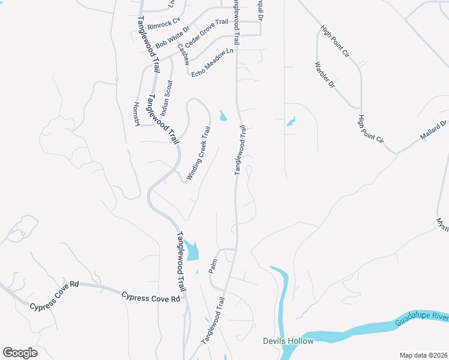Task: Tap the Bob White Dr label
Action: tap(172, 37)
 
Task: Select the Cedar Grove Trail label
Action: tap(206, 34)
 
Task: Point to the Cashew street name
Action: tap(183, 55)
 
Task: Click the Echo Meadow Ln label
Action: tap(212, 63)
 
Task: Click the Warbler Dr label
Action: tap(325, 74)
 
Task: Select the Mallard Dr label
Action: tap(434, 131)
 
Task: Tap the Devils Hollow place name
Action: tap(288, 341)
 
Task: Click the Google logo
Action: tap(20, 353)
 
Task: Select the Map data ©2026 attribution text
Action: tap(423, 355)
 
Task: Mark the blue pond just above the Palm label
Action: tap(191, 250)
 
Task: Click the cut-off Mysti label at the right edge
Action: tap(442, 223)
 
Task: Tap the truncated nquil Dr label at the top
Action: tap(261, 11)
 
